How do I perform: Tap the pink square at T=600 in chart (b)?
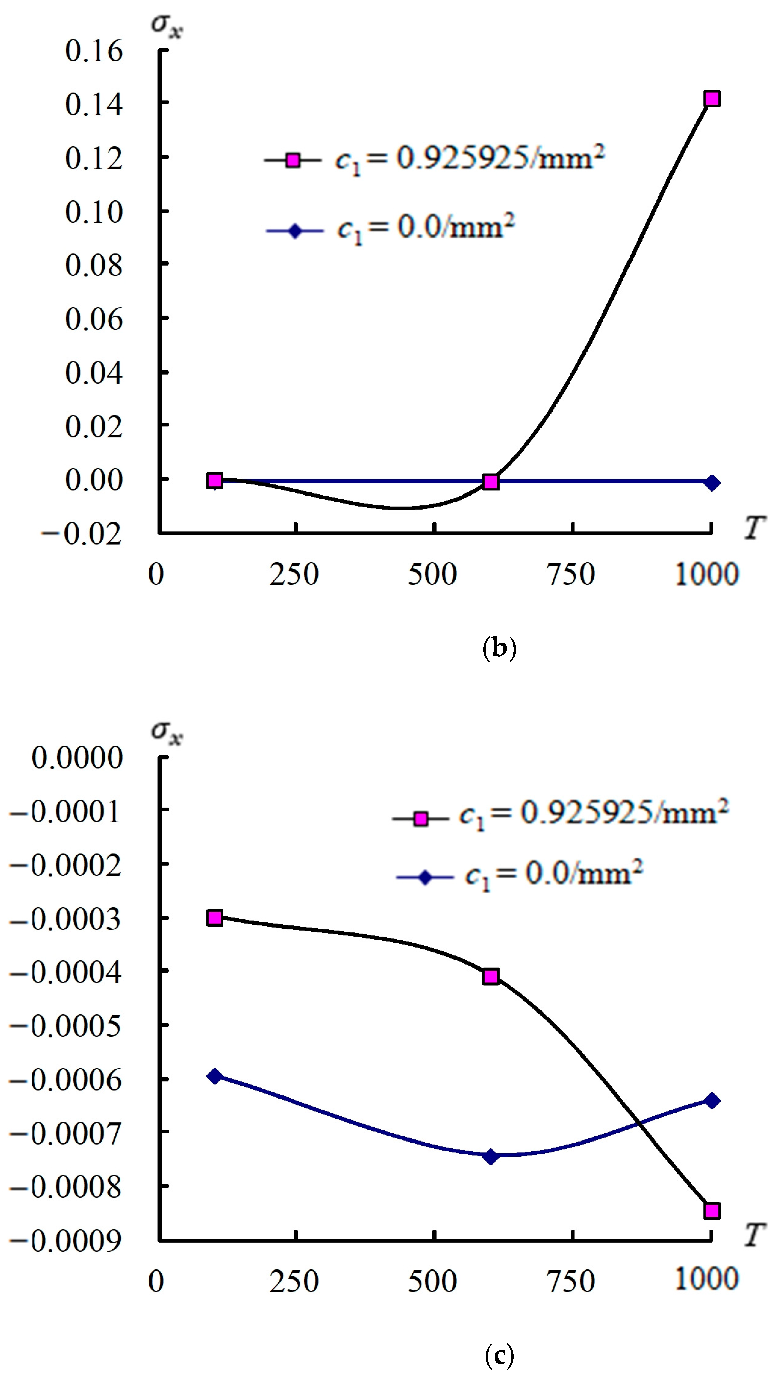(491, 482)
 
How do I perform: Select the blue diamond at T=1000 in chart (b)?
(711, 483)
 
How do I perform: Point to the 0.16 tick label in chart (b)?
(94, 51)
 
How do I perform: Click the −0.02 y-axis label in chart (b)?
(81, 534)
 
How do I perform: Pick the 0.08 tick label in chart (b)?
(94, 265)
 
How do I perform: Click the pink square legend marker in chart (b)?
(293, 160)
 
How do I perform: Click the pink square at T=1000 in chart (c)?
(711, 1211)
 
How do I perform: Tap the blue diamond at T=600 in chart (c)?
(491, 1156)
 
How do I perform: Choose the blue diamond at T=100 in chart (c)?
(215, 1076)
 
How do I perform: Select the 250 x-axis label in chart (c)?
(294, 1282)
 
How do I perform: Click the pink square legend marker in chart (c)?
(421, 819)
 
